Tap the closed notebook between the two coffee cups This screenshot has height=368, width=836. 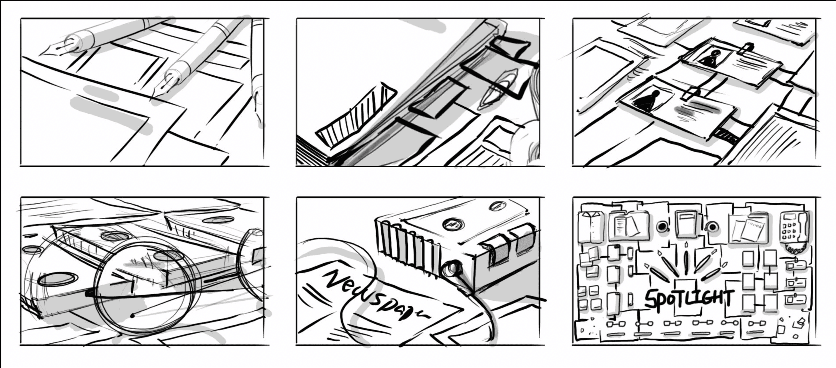pos(686,224)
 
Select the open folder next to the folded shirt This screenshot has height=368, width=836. pos(629,226)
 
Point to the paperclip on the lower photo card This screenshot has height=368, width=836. pos(690,93)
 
